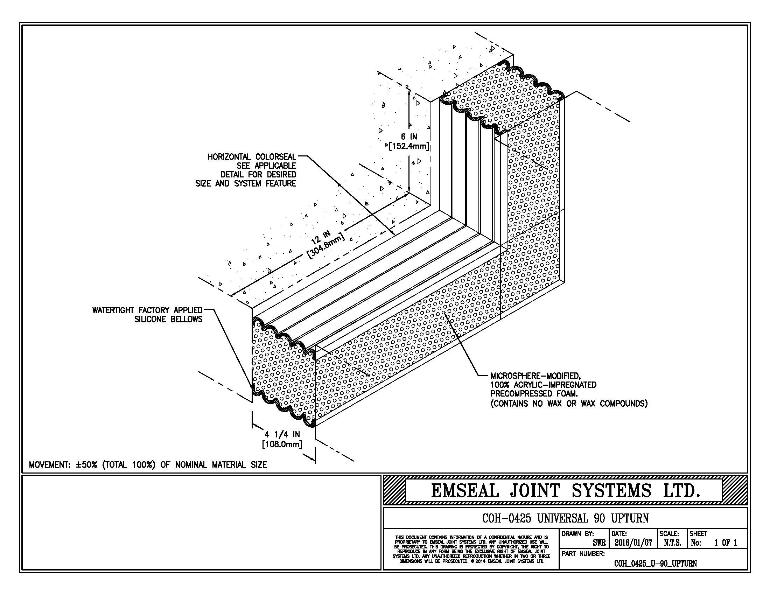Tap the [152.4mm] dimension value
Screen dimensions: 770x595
(408, 146)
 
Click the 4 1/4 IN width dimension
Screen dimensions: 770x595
(282, 435)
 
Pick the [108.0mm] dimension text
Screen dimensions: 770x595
(282, 444)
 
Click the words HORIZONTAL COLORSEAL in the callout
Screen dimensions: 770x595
(252, 157)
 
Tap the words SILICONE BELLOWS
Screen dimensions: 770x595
(169, 319)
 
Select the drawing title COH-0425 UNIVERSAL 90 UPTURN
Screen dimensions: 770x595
(565, 518)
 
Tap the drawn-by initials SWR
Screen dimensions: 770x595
(599, 543)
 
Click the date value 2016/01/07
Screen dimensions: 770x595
(633, 543)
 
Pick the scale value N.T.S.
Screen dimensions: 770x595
(672, 543)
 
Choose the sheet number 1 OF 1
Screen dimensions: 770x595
(726, 543)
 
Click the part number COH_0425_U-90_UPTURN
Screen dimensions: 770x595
(656, 563)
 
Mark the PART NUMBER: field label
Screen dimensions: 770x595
(583, 554)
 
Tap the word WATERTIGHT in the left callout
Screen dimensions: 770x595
(113, 310)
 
